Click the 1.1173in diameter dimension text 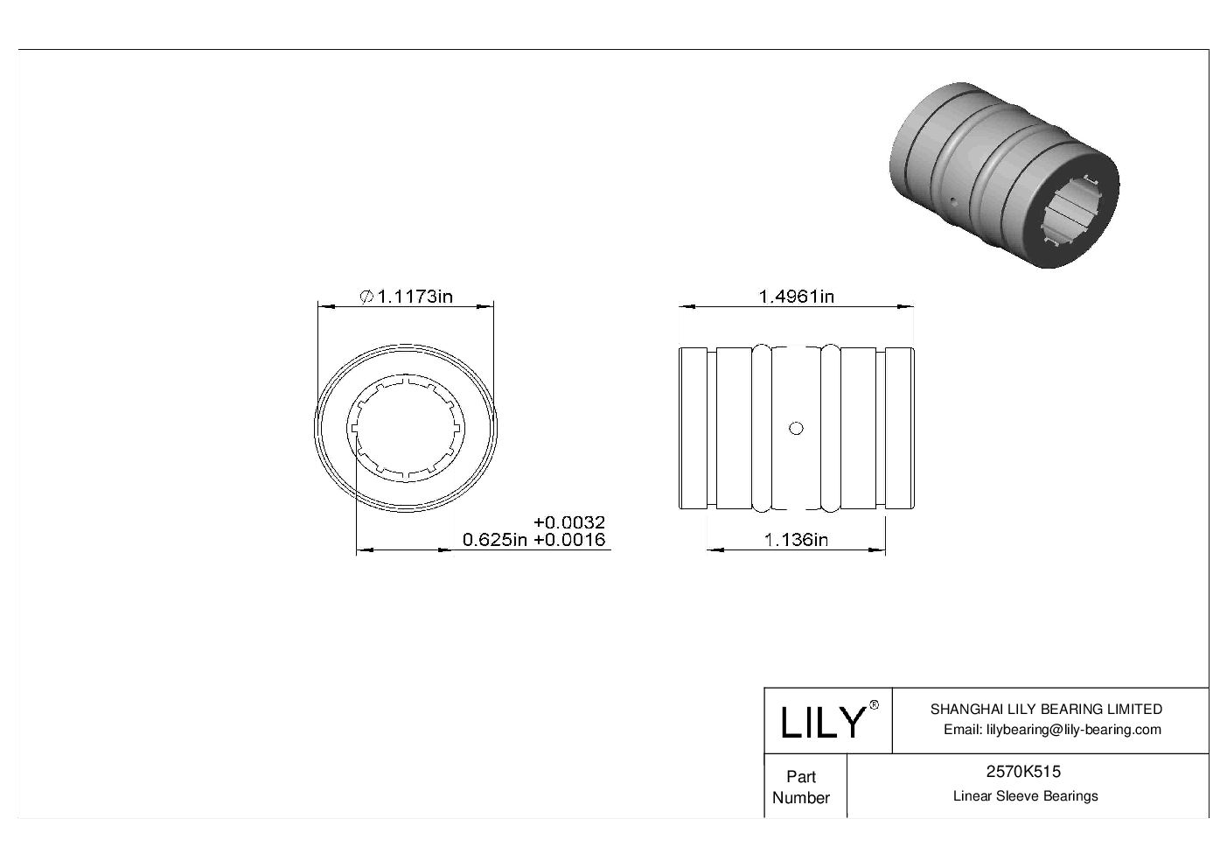415,297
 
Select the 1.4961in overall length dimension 796,297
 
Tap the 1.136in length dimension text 796,540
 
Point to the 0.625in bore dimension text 495,540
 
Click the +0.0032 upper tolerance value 569,523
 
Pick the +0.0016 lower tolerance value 569,540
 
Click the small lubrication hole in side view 796,428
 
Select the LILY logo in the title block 822,722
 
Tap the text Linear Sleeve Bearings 1025,796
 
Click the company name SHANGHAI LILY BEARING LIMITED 1046,710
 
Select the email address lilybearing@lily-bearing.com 1053,730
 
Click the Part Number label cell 801,787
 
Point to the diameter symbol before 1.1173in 367,297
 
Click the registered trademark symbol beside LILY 873,706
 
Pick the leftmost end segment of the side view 694,428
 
